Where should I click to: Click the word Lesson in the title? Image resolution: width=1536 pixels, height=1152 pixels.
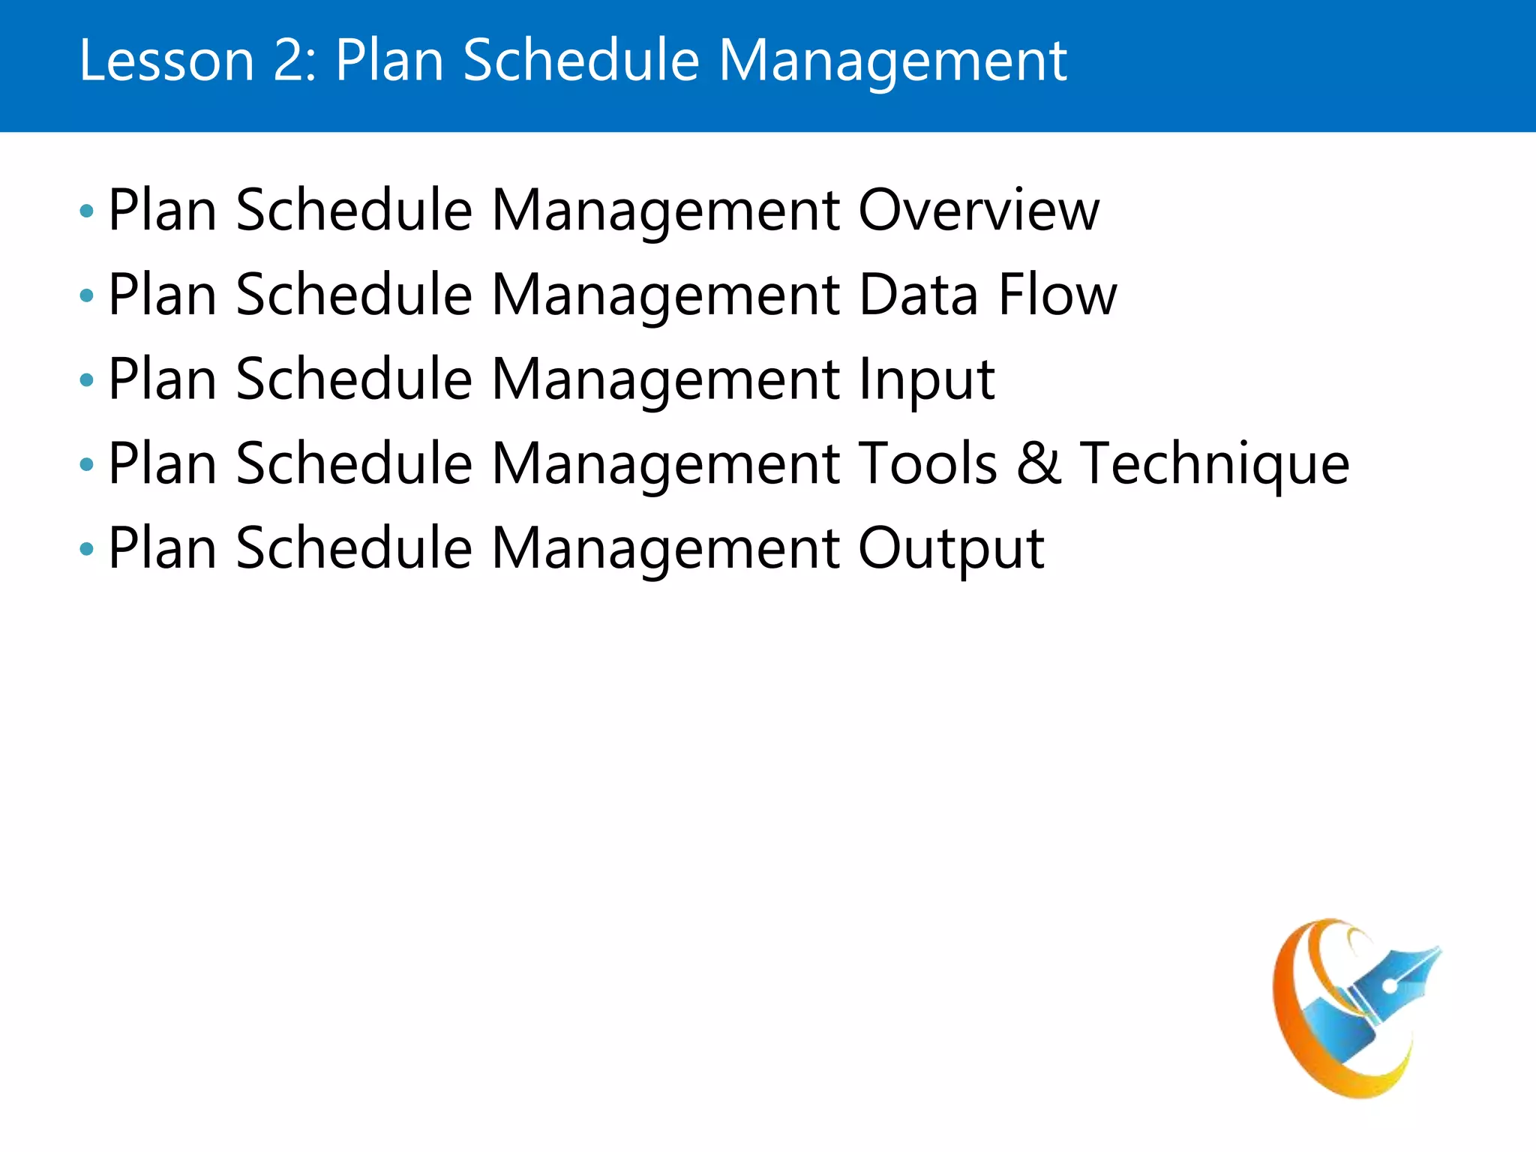(166, 61)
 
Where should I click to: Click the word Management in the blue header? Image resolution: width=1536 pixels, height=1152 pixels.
(892, 61)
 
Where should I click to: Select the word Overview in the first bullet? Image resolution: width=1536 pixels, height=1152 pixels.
(979, 211)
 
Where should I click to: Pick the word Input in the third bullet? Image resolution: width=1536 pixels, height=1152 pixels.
(926, 381)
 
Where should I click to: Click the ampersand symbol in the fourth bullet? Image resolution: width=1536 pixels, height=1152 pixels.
(1039, 464)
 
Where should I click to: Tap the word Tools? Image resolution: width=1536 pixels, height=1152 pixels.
(927, 464)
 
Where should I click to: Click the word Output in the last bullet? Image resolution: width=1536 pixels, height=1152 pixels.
(951, 550)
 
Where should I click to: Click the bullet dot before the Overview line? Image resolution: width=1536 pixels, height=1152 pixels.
(87, 212)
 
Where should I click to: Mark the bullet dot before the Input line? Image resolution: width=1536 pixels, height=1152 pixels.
(87, 381)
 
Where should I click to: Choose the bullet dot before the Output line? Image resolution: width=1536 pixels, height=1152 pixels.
(87, 550)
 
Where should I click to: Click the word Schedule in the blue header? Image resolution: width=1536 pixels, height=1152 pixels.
(581, 61)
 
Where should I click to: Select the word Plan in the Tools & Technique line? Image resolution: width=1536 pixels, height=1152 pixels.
(163, 464)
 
